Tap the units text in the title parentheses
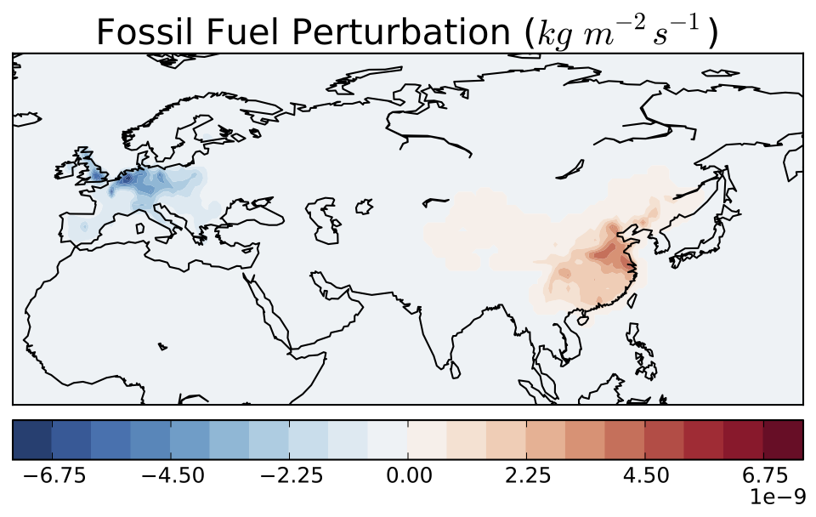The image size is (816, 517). (620, 32)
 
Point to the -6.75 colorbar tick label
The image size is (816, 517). (54, 475)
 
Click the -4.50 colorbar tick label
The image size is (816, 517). (173, 475)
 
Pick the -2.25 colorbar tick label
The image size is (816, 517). (292, 475)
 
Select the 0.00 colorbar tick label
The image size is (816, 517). (408, 475)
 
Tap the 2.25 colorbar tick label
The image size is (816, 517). (527, 475)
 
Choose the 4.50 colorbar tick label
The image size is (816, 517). (645, 475)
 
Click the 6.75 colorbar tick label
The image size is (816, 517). (764, 475)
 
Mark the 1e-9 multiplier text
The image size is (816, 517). (778, 497)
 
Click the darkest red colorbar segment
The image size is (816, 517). (783, 440)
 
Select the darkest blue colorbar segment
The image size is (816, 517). (32, 440)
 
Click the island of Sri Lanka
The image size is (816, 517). (455, 370)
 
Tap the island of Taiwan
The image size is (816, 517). (632, 300)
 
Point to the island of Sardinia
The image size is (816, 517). (140, 228)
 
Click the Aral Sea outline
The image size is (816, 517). (364, 206)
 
